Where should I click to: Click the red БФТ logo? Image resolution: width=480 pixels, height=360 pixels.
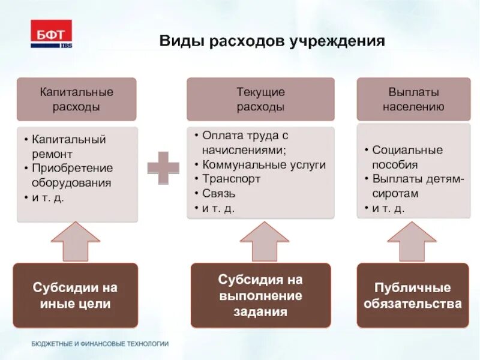click(51, 34)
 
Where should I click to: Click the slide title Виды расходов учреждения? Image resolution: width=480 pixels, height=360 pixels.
click(272, 42)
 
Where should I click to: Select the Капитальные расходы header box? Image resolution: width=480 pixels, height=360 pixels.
click(76, 99)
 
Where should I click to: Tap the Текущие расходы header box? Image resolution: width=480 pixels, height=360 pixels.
click(260, 99)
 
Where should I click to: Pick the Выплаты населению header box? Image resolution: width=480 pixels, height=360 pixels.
click(413, 99)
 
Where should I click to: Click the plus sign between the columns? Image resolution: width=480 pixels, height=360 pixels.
click(163, 168)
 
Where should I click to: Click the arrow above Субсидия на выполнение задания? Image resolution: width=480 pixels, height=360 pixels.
click(260, 241)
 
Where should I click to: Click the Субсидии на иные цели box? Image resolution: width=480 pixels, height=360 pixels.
click(76, 295)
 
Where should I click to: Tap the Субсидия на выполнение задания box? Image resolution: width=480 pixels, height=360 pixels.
click(260, 295)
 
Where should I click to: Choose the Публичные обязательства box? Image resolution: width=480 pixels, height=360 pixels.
click(413, 295)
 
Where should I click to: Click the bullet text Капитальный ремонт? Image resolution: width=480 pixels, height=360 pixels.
click(69, 146)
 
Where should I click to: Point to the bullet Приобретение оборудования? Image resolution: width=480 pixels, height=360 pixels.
click(72, 175)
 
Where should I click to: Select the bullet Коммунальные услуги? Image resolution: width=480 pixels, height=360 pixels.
click(264, 164)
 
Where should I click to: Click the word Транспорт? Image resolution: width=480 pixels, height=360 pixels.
click(231, 179)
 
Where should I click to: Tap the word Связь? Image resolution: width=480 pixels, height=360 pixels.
click(219, 193)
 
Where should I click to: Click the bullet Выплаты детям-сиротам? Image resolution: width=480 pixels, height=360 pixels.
click(413, 186)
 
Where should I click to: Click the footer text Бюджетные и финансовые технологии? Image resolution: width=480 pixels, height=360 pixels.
click(100, 344)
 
